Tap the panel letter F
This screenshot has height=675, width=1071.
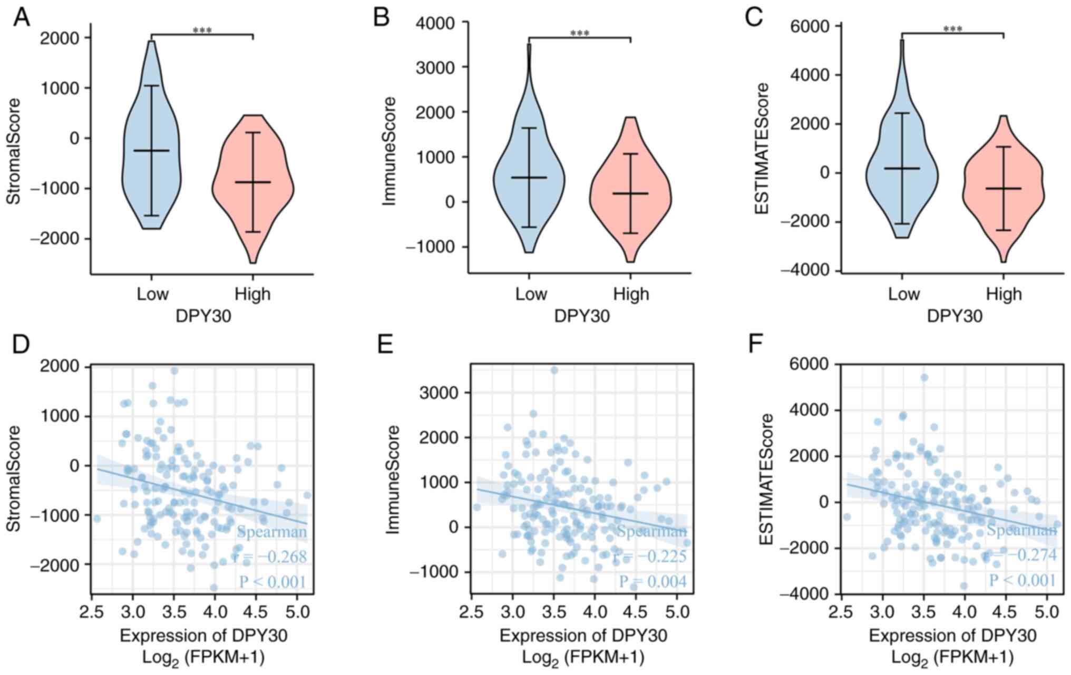(756, 345)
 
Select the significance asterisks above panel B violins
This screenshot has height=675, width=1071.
(579, 34)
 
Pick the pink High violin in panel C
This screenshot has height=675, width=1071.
(1003, 190)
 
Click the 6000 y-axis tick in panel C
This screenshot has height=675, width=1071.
(810, 26)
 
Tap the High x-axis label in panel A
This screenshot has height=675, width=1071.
(252, 294)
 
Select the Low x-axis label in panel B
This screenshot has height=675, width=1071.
(531, 294)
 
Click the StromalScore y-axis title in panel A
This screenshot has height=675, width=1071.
(14, 151)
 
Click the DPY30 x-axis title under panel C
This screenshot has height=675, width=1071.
(955, 316)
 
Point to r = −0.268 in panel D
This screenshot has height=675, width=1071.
(271, 556)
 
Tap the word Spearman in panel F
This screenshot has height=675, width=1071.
(1021, 530)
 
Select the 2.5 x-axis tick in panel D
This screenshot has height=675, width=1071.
(92, 613)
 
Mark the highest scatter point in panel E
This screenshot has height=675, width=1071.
(554, 370)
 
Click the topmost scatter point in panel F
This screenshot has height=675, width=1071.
(924, 377)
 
